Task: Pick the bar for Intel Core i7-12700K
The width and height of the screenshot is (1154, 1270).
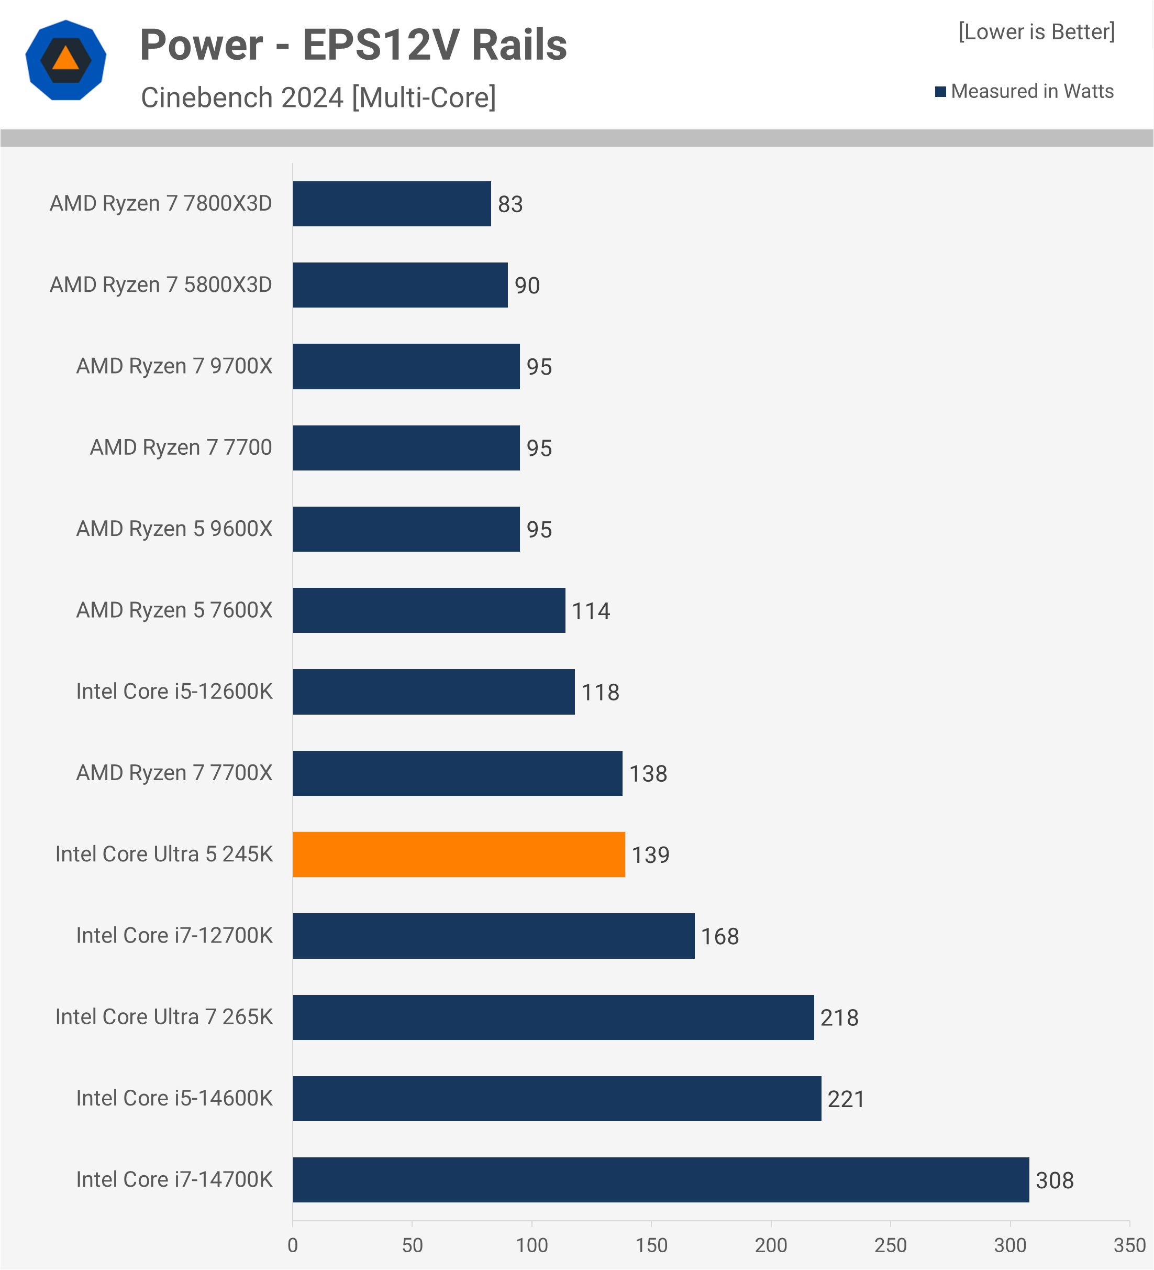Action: (x=494, y=936)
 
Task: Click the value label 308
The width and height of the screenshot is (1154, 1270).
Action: (x=1055, y=1180)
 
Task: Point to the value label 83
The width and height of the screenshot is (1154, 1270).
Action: (x=510, y=204)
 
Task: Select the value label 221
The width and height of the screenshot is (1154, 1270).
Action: (x=846, y=1099)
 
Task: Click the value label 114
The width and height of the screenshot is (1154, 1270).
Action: (x=591, y=611)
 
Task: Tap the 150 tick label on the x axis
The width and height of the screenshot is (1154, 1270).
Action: (x=651, y=1245)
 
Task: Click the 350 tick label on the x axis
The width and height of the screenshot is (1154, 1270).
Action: (x=1129, y=1245)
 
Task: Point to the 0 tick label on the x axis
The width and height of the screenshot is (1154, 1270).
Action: (x=293, y=1245)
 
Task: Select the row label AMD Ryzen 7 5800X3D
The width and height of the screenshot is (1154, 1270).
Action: (x=161, y=284)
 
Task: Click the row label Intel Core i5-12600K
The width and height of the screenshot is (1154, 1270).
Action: (x=174, y=692)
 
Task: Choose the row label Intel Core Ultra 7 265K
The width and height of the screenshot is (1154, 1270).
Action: (x=164, y=1017)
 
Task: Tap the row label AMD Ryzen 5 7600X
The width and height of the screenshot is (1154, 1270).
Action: (x=174, y=610)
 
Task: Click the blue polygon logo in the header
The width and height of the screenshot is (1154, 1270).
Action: (x=65, y=60)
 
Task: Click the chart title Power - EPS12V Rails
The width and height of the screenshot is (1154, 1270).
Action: (x=353, y=46)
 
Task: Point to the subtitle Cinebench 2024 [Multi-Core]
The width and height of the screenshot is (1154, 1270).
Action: (x=318, y=97)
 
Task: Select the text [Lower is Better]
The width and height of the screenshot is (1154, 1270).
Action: (x=1036, y=31)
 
